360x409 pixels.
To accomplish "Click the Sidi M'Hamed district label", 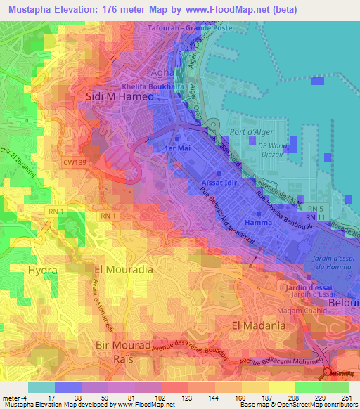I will (119, 97).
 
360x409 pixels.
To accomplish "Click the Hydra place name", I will (41, 269).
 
